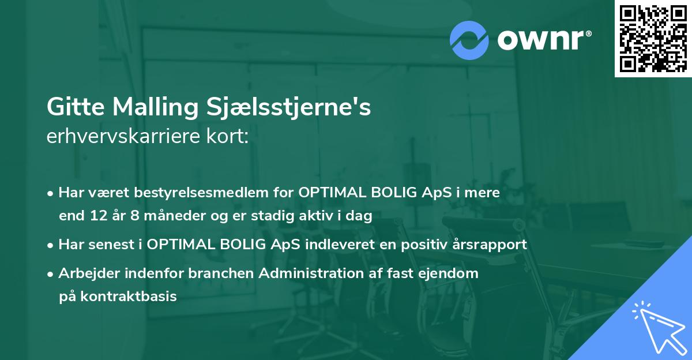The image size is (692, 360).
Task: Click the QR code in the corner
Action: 653,38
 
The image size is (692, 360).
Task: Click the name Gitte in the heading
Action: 74,107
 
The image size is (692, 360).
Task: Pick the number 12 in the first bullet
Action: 95,216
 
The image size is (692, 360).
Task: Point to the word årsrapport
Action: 490,245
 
